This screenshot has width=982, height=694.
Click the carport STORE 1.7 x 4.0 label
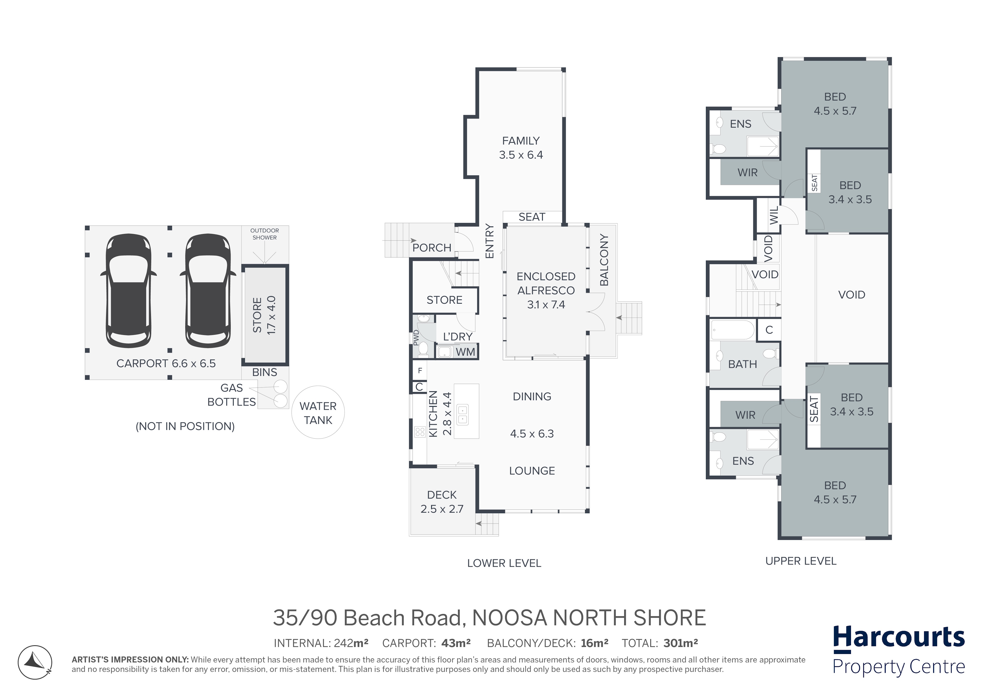[264, 315]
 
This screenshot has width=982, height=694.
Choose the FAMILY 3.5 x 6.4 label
[521, 147]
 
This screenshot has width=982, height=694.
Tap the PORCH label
[432, 248]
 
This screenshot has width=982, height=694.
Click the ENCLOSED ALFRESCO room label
[546, 283]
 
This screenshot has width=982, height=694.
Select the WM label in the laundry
[465, 352]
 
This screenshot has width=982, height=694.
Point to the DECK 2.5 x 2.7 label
[442, 501]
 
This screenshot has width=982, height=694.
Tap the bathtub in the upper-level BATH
[733, 330]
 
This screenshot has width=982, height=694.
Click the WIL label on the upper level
[774, 216]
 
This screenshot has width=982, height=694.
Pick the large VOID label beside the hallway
[852, 295]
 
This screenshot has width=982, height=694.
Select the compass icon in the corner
[35, 663]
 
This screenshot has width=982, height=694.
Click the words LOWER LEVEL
[504, 563]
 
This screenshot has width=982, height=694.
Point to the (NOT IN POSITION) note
[185, 426]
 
